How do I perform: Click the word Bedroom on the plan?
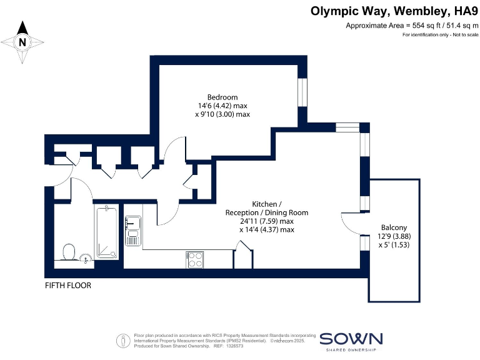pos(222,97)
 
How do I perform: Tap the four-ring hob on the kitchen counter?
pos(195,259)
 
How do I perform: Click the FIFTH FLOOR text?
pos(68,286)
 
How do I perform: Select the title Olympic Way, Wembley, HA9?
pos(394,11)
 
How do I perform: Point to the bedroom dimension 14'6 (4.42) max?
pos(222,106)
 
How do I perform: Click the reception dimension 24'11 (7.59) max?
pos(267,221)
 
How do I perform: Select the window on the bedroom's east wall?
pos(302,93)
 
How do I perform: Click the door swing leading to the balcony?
pos(351,222)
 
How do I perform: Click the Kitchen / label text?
pos(267,204)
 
